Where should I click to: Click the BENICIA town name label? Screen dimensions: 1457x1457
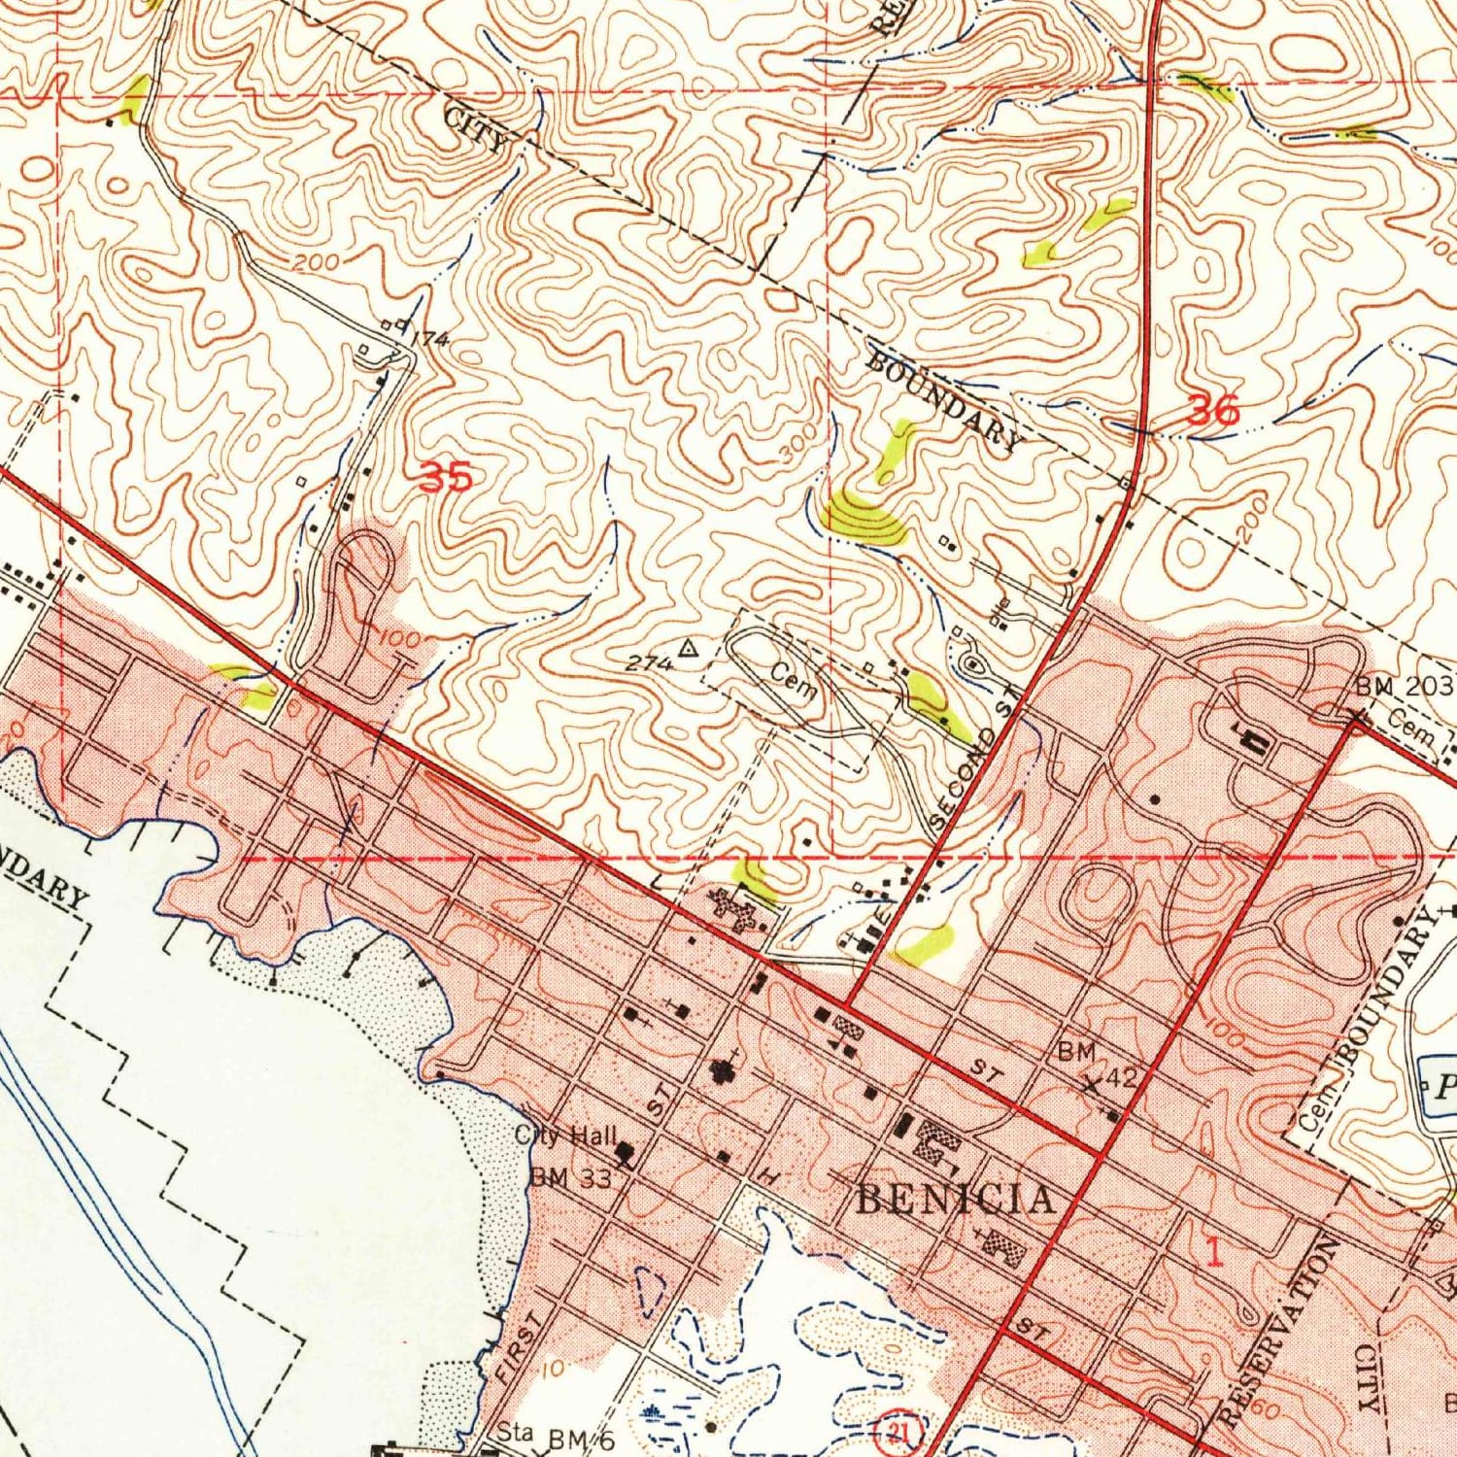(x=955, y=1200)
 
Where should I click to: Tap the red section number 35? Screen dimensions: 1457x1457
(x=446, y=477)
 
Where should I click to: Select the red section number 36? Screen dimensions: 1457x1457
(x=1214, y=412)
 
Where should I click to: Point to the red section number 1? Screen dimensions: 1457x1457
(x=1213, y=1254)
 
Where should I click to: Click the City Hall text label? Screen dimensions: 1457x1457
(x=565, y=1135)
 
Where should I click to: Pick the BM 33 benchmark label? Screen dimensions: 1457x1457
(x=570, y=1178)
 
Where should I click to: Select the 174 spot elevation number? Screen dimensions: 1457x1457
(x=428, y=340)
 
